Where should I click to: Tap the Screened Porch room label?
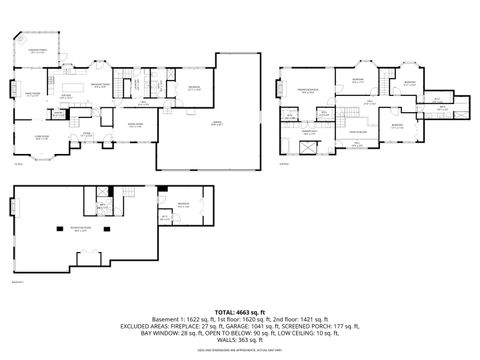[x=39, y=50]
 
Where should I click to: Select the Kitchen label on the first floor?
[x=66, y=95]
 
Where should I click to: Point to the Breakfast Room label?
[x=101, y=87]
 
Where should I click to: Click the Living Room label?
[x=42, y=138]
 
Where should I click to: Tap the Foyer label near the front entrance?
[x=87, y=133]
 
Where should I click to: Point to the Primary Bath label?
[x=310, y=131]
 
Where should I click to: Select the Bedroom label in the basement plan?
[x=183, y=205]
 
